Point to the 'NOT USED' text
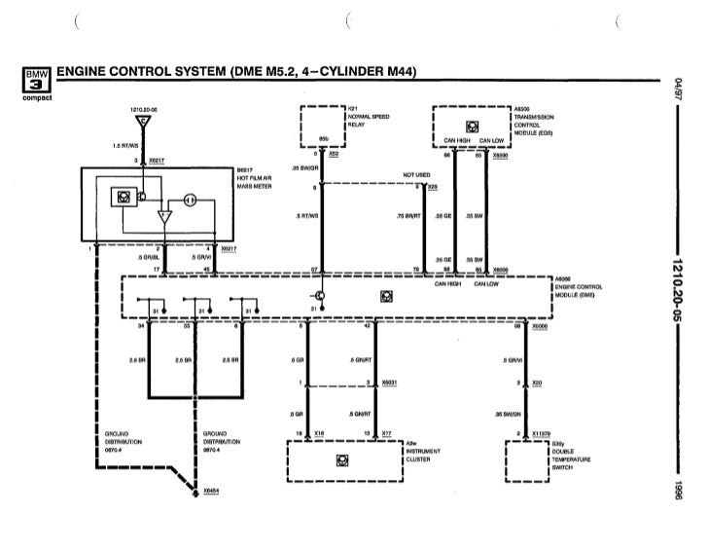click(415, 175)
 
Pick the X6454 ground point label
click(211, 491)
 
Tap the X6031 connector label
click(389, 383)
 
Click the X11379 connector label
click(543, 433)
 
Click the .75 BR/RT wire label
click(408, 216)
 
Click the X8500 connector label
click(501, 154)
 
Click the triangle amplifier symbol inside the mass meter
click(162, 214)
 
